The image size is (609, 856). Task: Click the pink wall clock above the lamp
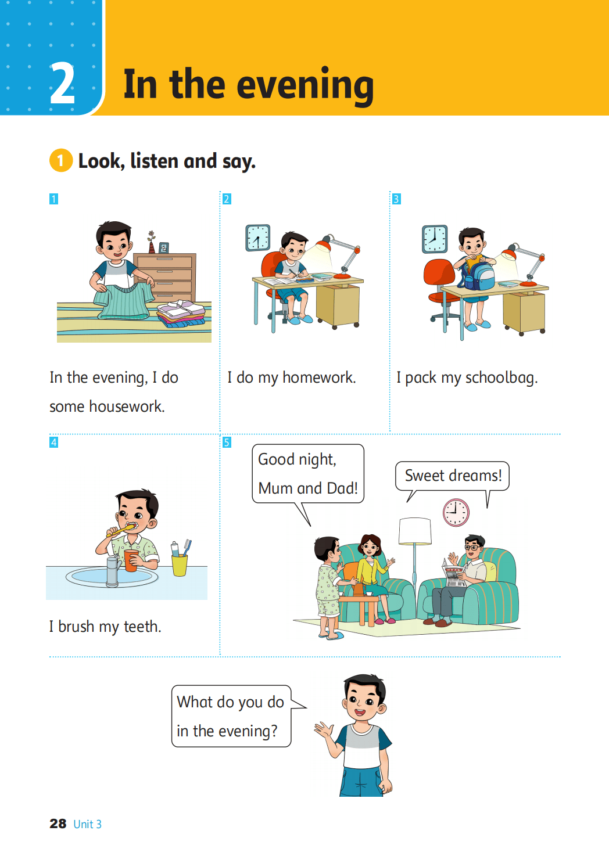tap(456, 512)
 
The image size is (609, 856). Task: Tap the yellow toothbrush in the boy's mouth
tap(121, 530)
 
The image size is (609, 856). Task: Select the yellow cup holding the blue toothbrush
tap(180, 565)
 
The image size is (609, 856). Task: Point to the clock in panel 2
tap(258, 238)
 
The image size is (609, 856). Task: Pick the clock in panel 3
tap(435, 239)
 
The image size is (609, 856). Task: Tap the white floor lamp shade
tap(415, 531)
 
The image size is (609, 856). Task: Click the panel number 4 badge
tap(54, 443)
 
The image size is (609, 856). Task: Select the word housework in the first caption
tap(127, 406)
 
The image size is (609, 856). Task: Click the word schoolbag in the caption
tap(501, 378)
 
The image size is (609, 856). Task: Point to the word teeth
tap(142, 627)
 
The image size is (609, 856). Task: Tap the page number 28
tap(58, 823)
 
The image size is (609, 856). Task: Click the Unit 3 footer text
tap(88, 824)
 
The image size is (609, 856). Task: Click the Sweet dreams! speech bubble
tap(453, 476)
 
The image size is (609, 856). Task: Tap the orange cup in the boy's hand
tap(131, 560)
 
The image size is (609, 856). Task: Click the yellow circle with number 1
tap(61, 160)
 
